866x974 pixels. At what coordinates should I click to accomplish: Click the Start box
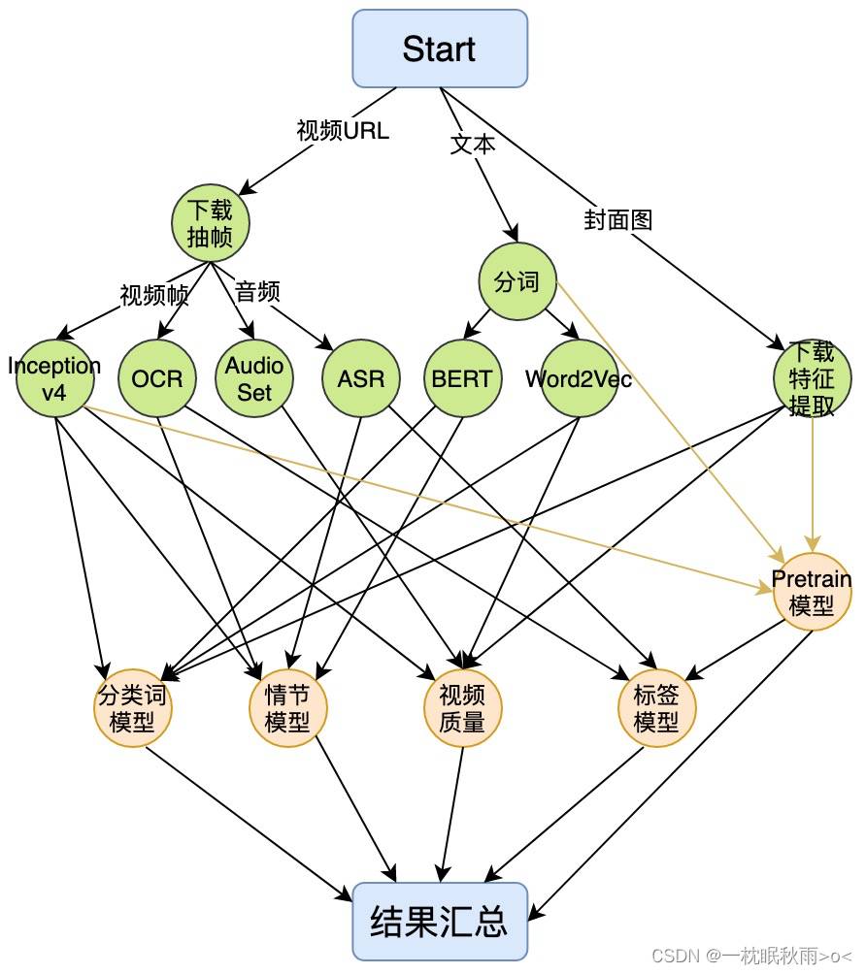point(440,49)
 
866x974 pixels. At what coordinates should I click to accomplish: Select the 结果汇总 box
point(440,922)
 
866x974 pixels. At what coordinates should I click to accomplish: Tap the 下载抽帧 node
point(210,223)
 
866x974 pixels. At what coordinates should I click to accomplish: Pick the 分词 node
point(517,281)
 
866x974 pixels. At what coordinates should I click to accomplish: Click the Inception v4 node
point(55,378)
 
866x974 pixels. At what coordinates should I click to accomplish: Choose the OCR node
point(157,378)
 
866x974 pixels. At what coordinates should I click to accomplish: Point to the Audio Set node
point(254,378)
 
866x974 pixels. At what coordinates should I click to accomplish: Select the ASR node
point(361,378)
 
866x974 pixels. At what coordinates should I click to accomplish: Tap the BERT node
point(462,378)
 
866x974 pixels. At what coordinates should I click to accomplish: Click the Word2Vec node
point(580,378)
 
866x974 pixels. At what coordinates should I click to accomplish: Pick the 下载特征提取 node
point(812,378)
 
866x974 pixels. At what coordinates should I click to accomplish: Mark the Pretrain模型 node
point(812,592)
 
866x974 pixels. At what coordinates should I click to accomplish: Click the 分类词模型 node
point(132,708)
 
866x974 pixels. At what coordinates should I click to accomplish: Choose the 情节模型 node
point(287,708)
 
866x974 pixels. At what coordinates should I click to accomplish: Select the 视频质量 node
point(462,708)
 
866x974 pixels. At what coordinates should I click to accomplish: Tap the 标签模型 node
point(656,708)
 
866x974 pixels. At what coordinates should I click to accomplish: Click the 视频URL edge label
point(343,130)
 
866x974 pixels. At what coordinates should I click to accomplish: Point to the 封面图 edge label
point(618,220)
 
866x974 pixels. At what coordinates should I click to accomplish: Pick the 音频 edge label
point(257,291)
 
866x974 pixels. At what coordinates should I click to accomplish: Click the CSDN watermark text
point(751,956)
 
